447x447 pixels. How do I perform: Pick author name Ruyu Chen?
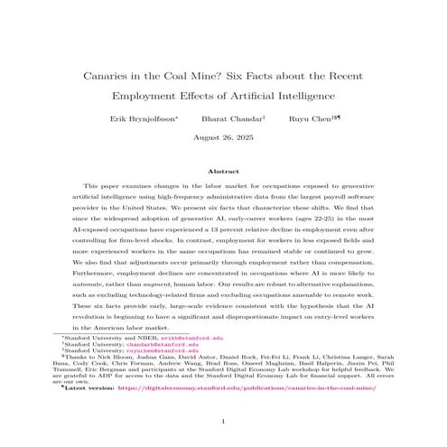tap(294, 117)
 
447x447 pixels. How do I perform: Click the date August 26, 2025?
tap(223, 139)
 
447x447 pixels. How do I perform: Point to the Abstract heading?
tap(223, 170)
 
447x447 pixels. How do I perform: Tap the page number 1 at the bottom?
tap(223, 421)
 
